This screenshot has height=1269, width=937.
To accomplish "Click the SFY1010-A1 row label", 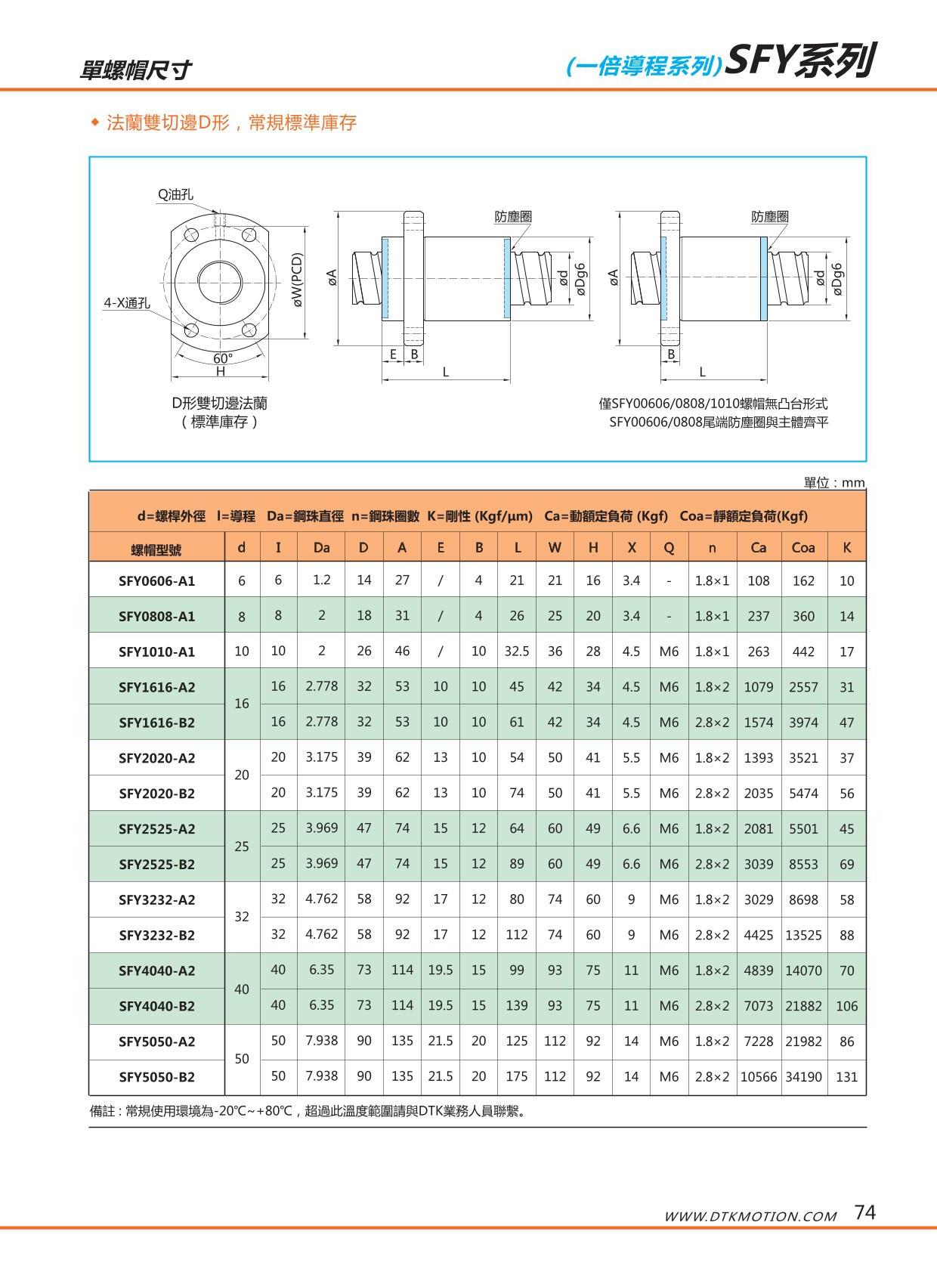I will point(156,652).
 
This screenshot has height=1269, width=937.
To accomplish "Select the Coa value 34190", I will point(802,1076).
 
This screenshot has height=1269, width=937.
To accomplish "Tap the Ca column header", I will point(758,547).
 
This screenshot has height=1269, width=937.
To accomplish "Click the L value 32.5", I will point(517,651).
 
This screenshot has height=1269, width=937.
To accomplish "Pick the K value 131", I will point(846,1077).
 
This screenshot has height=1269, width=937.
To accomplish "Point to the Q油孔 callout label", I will point(175,195).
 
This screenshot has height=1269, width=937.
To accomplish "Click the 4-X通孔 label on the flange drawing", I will point(126,303).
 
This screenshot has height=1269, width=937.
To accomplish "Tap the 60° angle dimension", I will point(223,358).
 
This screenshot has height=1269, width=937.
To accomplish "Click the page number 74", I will point(864,1212).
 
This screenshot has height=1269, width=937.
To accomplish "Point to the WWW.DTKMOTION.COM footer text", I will point(750,1216).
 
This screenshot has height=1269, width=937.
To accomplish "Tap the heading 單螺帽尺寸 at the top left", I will point(136,70).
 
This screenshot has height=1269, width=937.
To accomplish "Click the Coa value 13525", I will point(802,935).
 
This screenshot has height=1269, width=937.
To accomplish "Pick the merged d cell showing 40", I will point(242,989).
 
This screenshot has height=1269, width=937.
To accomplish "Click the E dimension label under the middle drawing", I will point(394,354).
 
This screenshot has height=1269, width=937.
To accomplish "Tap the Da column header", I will point(321,547).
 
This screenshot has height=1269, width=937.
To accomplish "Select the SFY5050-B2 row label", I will point(156,1077).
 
